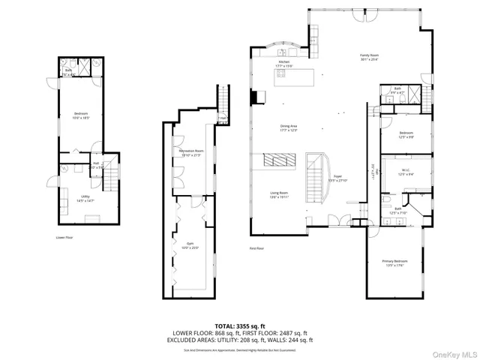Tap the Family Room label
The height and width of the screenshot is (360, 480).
[368, 57]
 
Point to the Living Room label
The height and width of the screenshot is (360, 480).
[280, 194]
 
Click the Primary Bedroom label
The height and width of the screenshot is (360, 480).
[394, 262]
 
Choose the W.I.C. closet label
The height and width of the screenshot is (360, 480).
[405, 171]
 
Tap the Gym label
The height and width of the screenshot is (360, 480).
[191, 245]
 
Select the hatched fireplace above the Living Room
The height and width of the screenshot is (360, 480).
[279, 160]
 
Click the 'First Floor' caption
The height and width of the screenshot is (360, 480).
[258, 247]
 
